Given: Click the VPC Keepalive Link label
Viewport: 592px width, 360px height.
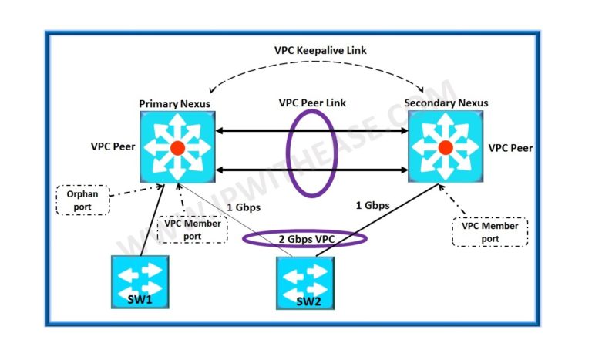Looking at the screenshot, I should click(319, 51).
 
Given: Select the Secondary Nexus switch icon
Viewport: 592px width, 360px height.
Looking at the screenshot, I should click(445, 146).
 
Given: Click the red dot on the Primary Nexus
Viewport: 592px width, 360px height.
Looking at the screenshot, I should click(177, 147).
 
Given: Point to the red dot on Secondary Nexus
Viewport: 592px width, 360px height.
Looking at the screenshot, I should click(445, 147).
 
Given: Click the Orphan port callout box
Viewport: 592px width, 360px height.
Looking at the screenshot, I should click(82, 200).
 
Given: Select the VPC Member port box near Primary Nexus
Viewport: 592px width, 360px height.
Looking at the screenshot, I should click(192, 229).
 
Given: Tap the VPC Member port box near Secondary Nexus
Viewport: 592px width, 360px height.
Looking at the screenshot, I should click(490, 231).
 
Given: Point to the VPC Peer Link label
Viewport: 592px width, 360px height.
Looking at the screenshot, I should click(311, 102).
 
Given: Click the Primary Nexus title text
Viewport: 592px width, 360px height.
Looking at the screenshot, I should click(174, 103).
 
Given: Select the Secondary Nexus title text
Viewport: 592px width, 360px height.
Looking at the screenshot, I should click(446, 103).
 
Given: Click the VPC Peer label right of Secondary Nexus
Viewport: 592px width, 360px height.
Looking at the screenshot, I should click(510, 147).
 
